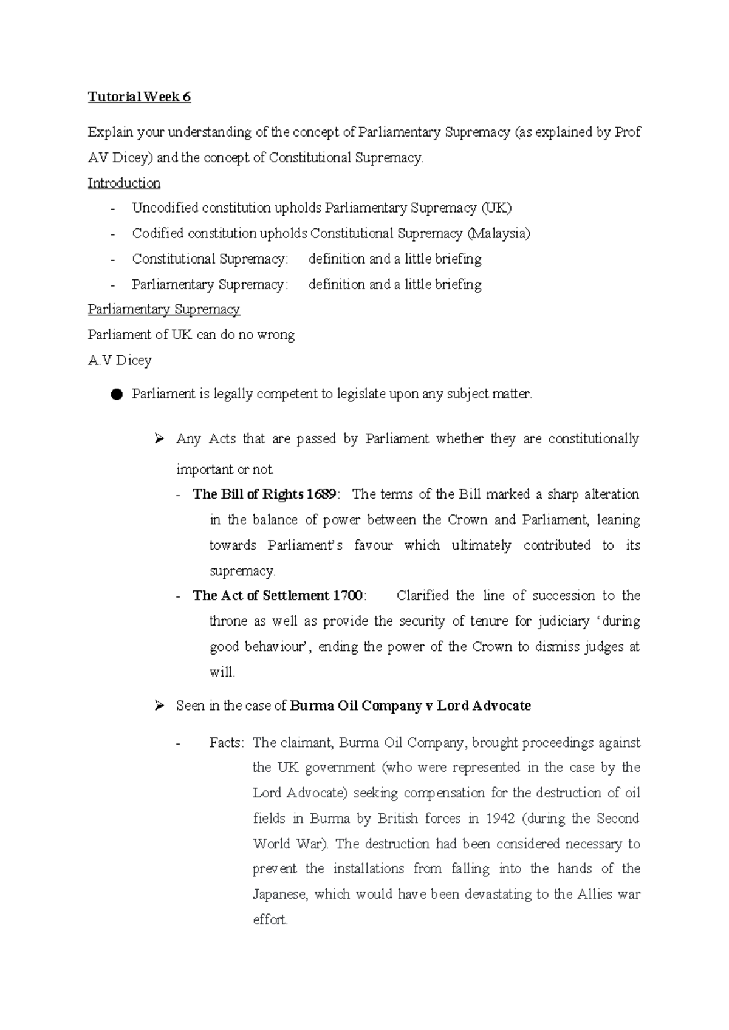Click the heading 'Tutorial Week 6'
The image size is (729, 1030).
(x=139, y=97)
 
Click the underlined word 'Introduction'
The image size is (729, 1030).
(x=124, y=183)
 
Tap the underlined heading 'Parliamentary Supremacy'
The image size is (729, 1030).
(x=164, y=310)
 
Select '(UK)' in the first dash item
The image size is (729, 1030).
(x=496, y=208)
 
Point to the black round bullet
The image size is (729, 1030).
(x=117, y=395)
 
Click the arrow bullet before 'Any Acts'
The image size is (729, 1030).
(x=160, y=438)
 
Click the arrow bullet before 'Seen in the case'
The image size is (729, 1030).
(x=160, y=706)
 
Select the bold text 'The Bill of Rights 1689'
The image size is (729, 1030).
(x=264, y=494)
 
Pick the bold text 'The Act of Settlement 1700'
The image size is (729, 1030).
(x=278, y=596)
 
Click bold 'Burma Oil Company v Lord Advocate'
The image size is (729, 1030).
(x=411, y=706)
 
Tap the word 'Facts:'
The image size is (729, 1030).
(x=227, y=743)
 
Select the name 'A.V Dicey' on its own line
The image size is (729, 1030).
(x=120, y=361)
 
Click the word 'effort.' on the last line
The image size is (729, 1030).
(x=270, y=920)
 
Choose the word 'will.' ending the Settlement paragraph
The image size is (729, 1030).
(x=222, y=672)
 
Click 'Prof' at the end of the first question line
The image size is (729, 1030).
(x=627, y=132)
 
